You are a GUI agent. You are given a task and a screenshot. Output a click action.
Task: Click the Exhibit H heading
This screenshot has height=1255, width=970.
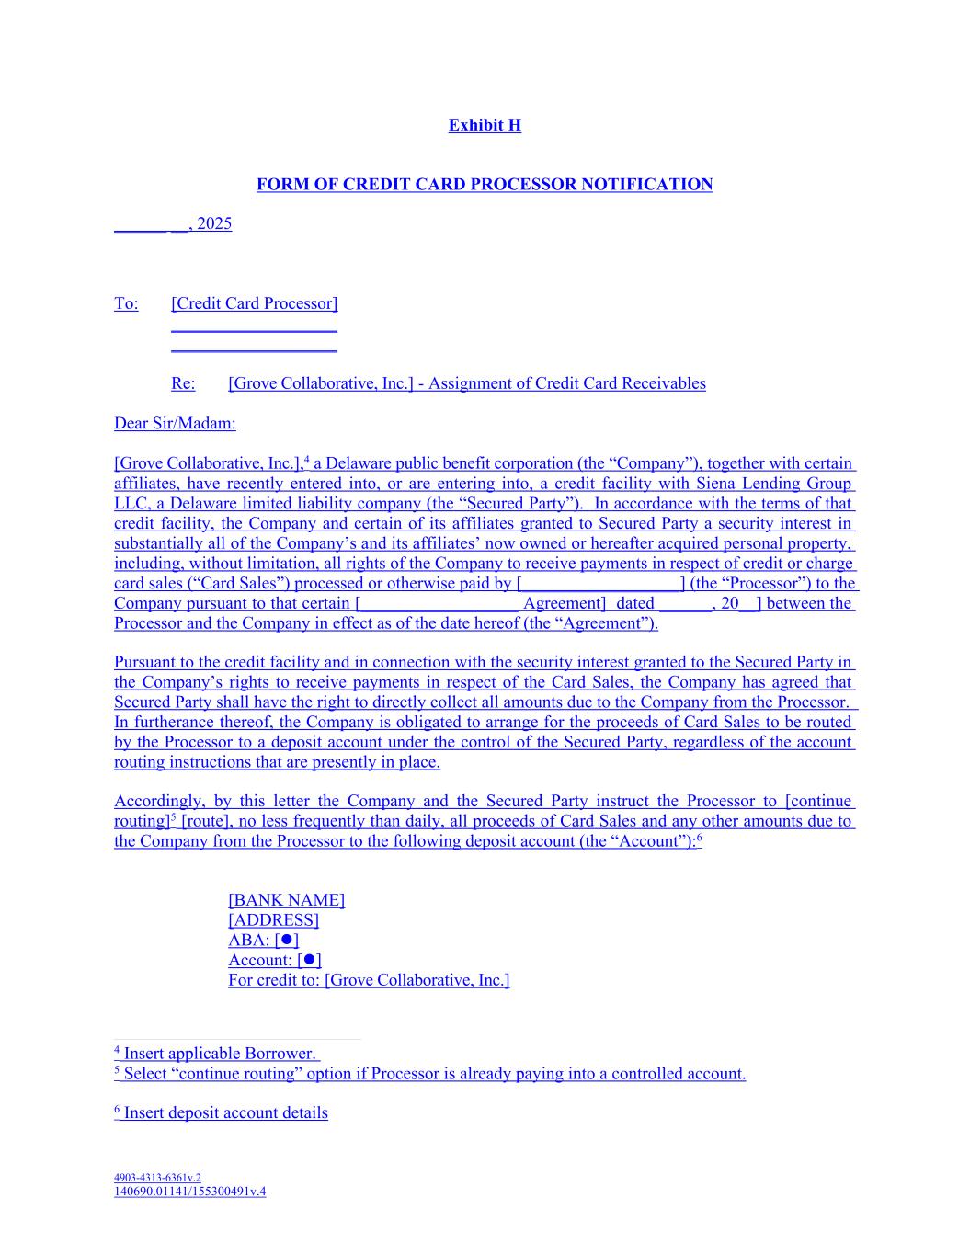click(485, 125)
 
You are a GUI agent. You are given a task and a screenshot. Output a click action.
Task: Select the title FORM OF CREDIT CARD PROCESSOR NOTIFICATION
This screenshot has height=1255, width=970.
click(485, 185)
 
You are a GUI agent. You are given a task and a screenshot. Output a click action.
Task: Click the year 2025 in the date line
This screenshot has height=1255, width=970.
click(214, 224)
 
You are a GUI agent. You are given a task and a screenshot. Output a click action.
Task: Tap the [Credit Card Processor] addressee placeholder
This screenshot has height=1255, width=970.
click(255, 303)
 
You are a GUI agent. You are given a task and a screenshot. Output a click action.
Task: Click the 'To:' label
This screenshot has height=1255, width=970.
click(126, 303)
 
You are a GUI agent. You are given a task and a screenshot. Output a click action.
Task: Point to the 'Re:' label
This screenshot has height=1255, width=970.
click(183, 383)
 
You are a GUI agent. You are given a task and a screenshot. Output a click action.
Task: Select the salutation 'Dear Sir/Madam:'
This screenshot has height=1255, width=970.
click(175, 424)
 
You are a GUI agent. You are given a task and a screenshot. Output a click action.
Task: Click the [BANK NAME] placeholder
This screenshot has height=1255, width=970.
click(286, 900)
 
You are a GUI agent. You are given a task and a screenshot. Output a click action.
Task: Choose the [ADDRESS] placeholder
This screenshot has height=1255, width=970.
click(273, 920)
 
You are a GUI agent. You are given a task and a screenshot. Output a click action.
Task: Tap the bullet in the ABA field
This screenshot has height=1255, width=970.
click(287, 940)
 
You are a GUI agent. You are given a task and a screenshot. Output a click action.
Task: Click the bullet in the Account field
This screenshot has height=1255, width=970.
click(310, 960)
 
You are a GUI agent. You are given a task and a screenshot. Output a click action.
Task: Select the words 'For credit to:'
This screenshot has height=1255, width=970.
click(274, 980)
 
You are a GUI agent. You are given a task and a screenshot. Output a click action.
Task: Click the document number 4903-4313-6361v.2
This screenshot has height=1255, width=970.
click(157, 1177)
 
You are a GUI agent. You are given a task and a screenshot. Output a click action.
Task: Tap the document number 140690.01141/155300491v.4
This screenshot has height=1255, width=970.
click(189, 1192)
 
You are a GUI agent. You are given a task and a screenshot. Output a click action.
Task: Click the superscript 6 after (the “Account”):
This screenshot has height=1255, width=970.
click(699, 838)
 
